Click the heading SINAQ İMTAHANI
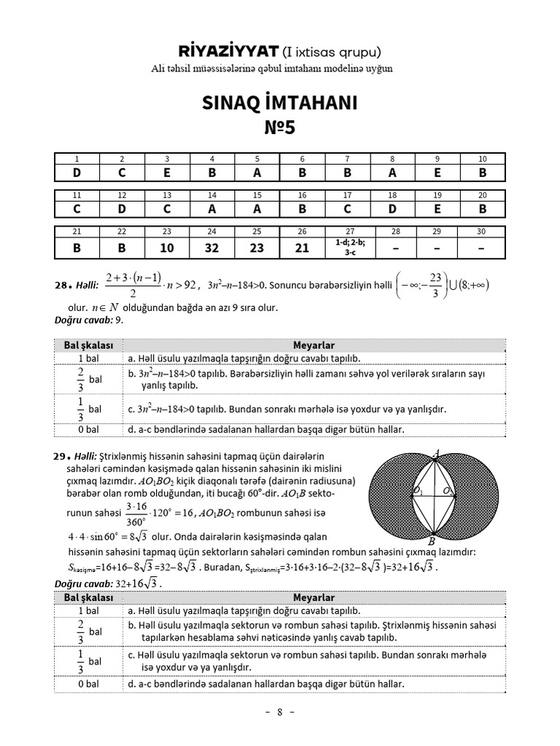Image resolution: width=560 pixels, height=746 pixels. click(279, 103)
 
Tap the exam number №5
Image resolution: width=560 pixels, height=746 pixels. click(279, 129)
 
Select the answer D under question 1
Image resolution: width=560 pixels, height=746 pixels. click(77, 173)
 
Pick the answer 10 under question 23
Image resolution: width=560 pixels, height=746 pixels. click(166, 248)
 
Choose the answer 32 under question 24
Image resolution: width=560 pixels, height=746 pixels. click(211, 248)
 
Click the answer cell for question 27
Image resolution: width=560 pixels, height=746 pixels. click(346, 247)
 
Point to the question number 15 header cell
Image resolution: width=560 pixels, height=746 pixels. click(257, 195)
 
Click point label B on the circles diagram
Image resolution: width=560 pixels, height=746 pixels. click(431, 541)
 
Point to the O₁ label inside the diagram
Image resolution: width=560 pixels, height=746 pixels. click(418, 492)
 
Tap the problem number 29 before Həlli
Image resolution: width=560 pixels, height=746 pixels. click(61, 456)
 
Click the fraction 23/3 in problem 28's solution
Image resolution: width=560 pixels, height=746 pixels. click(435, 285)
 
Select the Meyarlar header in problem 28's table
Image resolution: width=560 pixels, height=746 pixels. click(314, 345)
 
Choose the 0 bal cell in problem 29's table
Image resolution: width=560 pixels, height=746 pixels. click(88, 684)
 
